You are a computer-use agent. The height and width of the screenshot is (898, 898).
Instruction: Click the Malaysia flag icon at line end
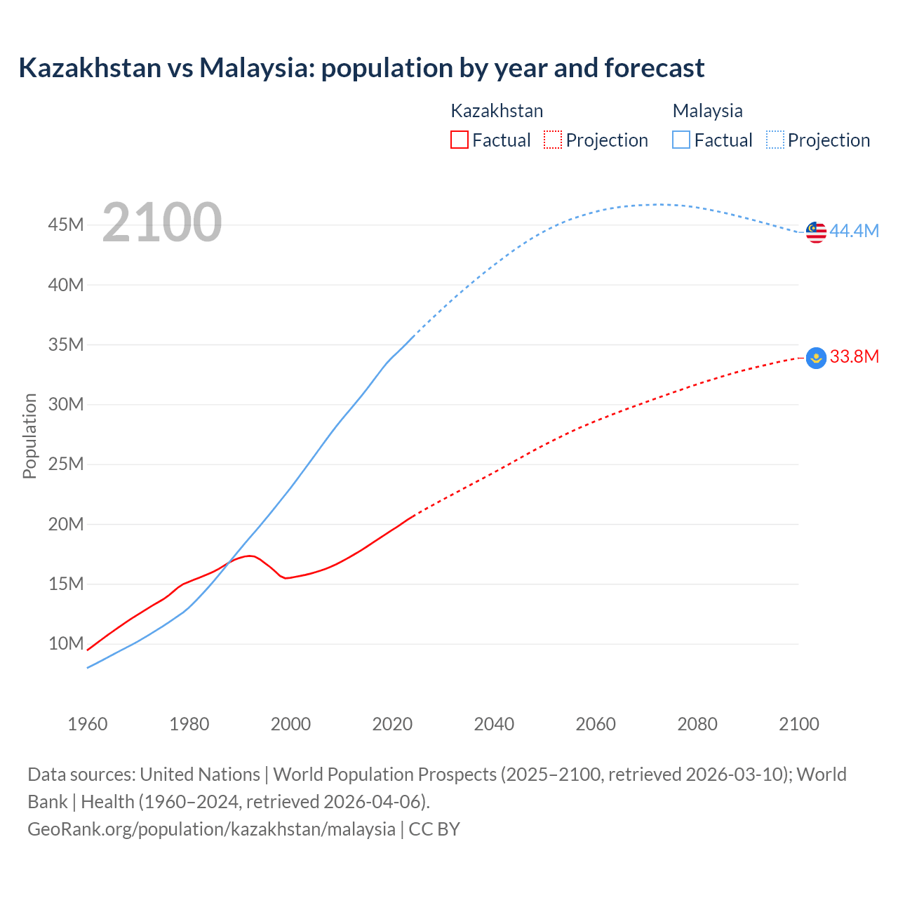pyautogui.click(x=816, y=232)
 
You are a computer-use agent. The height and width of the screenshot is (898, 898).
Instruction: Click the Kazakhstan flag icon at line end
pyautogui.click(x=816, y=358)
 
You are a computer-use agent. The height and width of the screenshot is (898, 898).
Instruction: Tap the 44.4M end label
pyautogui.click(x=854, y=232)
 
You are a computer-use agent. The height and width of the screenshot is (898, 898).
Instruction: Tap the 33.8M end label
pyautogui.click(x=854, y=357)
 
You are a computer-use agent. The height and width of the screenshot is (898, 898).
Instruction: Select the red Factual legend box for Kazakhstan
pyautogui.click(x=459, y=140)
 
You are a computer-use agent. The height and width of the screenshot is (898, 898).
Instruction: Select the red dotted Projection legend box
pyautogui.click(x=553, y=140)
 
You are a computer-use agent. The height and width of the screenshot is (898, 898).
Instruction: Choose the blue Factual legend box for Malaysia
pyautogui.click(x=681, y=140)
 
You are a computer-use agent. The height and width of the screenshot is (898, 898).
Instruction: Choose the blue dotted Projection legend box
pyautogui.click(x=775, y=140)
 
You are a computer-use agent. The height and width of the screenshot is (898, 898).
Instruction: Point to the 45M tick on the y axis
pyautogui.click(x=66, y=225)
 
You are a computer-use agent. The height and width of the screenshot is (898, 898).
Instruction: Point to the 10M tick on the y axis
pyautogui.click(x=66, y=643)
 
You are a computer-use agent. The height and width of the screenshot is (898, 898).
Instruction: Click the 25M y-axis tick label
pyautogui.click(x=66, y=464)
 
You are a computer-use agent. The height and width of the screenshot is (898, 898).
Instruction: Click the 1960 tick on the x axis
pyautogui.click(x=88, y=724)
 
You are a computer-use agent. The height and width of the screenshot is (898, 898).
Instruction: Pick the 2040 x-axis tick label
pyautogui.click(x=494, y=724)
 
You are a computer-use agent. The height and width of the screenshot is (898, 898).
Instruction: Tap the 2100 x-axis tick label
pyautogui.click(x=798, y=724)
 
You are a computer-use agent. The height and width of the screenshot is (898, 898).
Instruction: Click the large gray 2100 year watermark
pyautogui.click(x=162, y=222)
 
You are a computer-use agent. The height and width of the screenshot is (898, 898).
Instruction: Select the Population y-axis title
pyautogui.click(x=29, y=436)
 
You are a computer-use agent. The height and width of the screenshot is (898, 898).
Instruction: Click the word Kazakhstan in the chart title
pyautogui.click(x=90, y=68)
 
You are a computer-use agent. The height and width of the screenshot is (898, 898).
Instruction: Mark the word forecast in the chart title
pyautogui.click(x=654, y=68)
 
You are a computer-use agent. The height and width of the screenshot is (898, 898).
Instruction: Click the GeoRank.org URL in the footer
pyautogui.click(x=211, y=829)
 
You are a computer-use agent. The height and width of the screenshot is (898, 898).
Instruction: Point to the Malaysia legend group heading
pyautogui.click(x=707, y=111)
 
